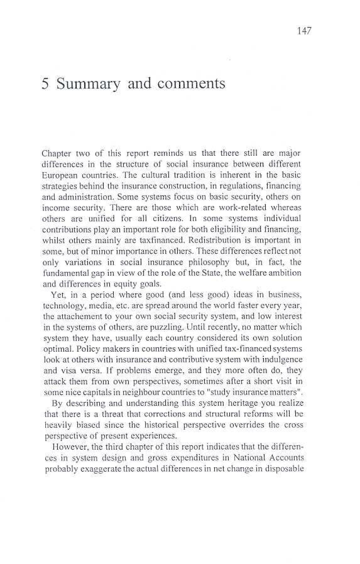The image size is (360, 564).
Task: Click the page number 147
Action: point(304,31)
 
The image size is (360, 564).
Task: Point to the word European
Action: point(57,175)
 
